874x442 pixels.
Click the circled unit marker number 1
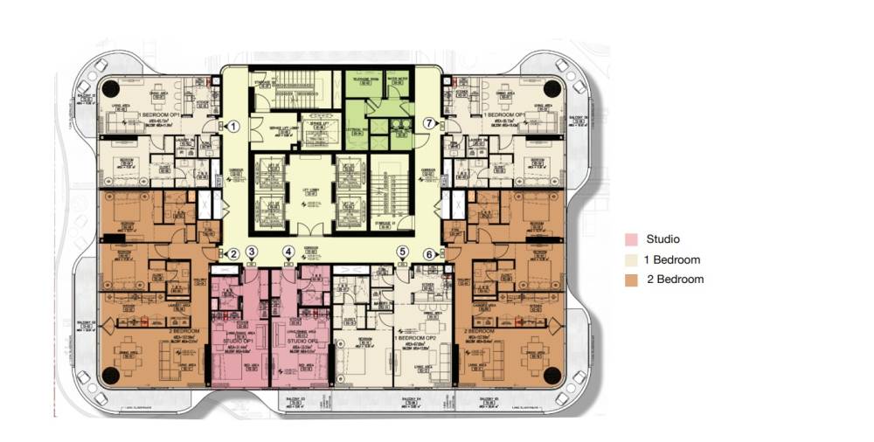233,126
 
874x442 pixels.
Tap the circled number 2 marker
233,254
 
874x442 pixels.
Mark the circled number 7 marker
429,125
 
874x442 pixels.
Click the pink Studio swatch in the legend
631,239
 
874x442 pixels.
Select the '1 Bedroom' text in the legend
673,259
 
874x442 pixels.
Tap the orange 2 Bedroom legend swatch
631,280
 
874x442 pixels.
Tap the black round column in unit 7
552,88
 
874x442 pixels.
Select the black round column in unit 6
552,376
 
